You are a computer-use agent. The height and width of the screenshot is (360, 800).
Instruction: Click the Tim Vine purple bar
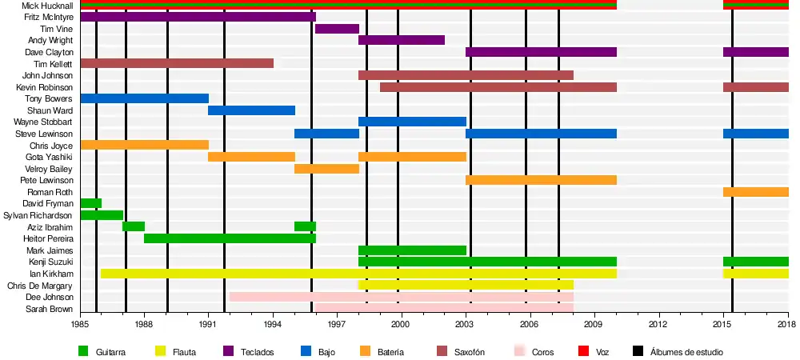[x=337, y=29]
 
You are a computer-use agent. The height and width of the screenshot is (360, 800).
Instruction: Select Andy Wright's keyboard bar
[x=401, y=40]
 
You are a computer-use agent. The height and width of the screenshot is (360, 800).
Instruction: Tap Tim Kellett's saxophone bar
[x=177, y=63]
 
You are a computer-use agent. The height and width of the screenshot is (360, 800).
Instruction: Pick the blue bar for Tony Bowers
[x=144, y=98]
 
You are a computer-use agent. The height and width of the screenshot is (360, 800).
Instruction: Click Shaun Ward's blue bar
[x=251, y=110]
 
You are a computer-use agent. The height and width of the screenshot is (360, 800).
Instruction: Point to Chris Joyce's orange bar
[x=144, y=145]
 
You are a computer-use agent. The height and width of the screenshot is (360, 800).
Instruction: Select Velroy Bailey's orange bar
[x=326, y=169]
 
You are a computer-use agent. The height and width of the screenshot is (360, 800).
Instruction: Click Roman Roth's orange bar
[x=755, y=192]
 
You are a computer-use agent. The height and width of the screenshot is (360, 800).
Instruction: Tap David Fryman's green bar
[x=90, y=203]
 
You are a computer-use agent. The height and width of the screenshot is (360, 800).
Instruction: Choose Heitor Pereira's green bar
[x=230, y=238]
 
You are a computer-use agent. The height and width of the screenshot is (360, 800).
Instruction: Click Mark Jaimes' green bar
[x=412, y=250]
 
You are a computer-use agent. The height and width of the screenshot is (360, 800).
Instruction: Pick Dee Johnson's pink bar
[x=401, y=297]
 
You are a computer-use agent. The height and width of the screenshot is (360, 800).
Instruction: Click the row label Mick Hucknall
[x=47, y=6]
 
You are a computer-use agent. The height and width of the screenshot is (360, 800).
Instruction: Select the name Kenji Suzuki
[x=50, y=262]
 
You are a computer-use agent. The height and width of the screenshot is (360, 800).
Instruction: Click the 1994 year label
[x=273, y=324]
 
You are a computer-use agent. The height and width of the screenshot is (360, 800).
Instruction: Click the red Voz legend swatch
[x=582, y=350]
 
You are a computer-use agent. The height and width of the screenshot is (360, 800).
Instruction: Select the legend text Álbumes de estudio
[x=686, y=351]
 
